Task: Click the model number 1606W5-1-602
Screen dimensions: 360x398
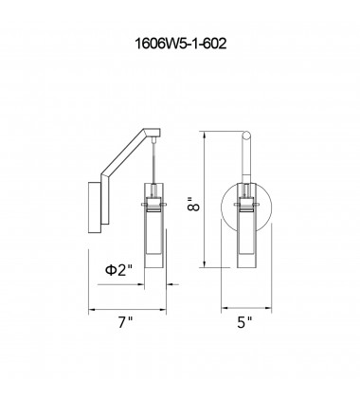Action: (x=180, y=44)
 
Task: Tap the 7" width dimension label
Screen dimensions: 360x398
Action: (x=125, y=322)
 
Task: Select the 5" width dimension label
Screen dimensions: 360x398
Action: (x=244, y=322)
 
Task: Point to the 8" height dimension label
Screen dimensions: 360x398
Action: (x=193, y=205)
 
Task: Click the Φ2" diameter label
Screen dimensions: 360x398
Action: (x=118, y=270)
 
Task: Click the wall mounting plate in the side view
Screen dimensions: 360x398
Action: (x=95, y=208)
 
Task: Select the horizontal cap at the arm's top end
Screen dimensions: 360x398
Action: (x=153, y=133)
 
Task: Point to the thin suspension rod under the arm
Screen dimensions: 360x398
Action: (x=153, y=161)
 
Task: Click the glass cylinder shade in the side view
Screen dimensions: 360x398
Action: (x=154, y=226)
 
